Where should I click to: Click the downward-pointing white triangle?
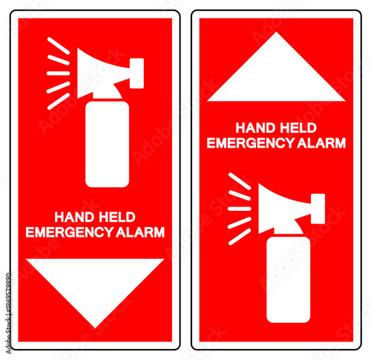click(x=95, y=285)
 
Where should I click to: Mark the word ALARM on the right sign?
click(x=321, y=143)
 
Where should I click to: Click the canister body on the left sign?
click(x=107, y=145)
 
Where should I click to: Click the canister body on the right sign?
click(x=288, y=278)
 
